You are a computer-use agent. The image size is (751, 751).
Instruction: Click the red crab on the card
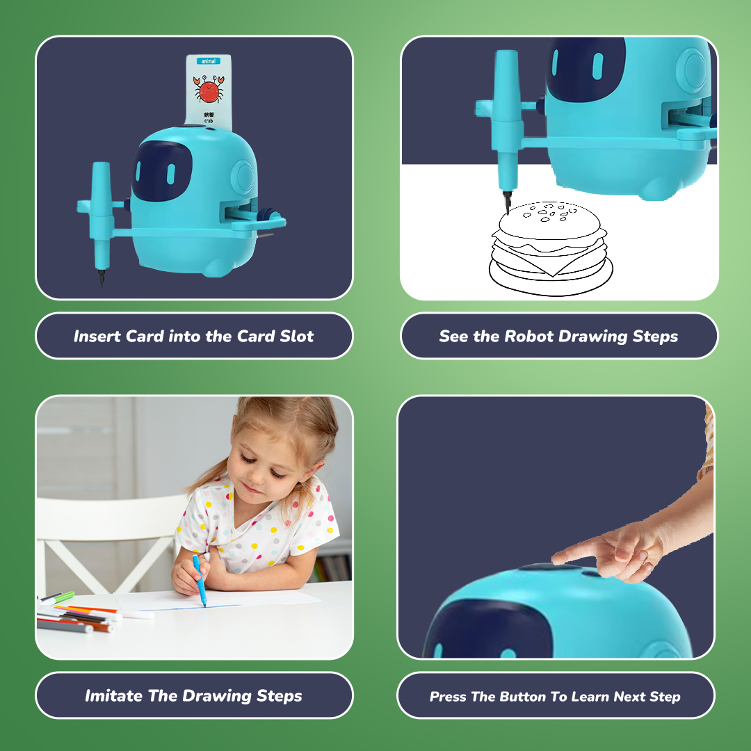pyautogui.click(x=207, y=90)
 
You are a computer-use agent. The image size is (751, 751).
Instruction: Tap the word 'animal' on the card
pyautogui.click(x=208, y=61)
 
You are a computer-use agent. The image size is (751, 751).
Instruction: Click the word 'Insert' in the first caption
pyautogui.click(x=97, y=337)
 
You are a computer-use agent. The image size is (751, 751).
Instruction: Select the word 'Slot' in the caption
pyautogui.click(x=297, y=337)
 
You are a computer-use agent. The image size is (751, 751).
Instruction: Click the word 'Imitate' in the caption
pyautogui.click(x=113, y=695)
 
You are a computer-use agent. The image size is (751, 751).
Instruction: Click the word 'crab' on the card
pyautogui.click(x=208, y=120)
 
